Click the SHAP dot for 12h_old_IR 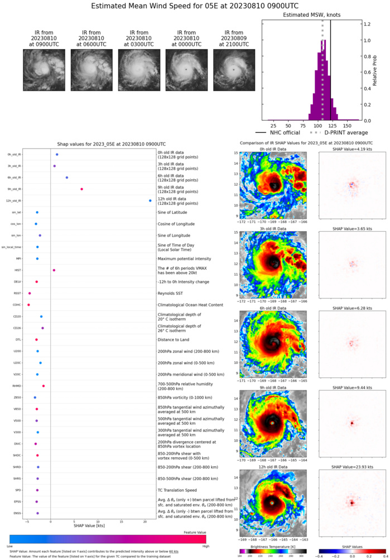click(x=150, y=200)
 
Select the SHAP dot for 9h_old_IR click(x=81, y=189)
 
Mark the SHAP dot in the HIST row click(x=54, y=270)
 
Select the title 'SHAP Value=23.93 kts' click(x=352, y=468)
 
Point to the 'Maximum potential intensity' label click(x=184, y=259)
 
